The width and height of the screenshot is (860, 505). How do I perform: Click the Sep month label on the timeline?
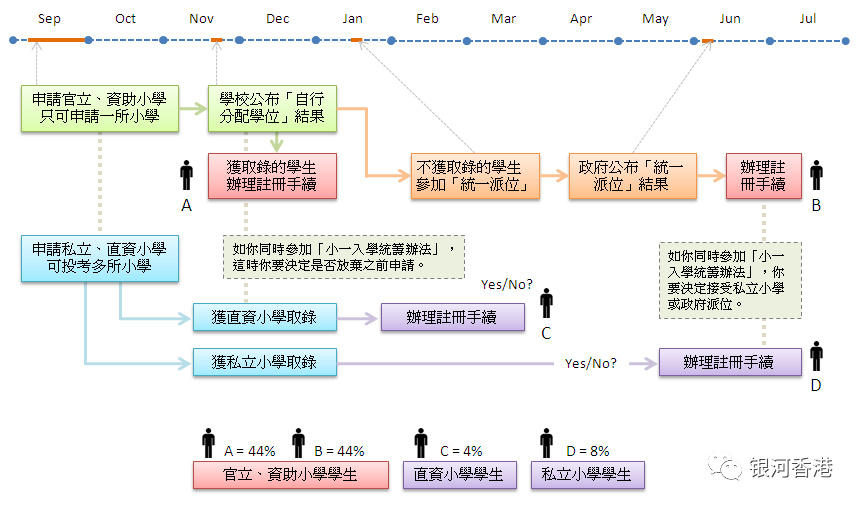point(49,19)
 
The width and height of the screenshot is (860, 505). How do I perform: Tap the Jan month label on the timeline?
point(352,19)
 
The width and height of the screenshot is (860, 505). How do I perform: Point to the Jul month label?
point(807,19)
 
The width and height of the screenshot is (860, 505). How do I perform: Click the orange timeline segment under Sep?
point(57,40)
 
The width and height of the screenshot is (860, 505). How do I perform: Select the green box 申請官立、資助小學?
point(100,108)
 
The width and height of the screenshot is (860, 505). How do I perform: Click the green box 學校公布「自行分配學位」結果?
point(272,108)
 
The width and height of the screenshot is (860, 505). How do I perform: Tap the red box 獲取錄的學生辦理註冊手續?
point(272,175)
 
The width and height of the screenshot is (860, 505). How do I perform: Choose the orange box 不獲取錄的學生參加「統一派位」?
point(475,175)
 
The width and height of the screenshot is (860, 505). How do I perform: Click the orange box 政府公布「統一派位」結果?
point(632,175)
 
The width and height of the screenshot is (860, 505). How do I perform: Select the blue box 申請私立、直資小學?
point(100,258)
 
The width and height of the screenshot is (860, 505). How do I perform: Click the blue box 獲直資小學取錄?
point(264,317)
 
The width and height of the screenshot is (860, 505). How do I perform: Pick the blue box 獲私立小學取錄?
point(264,362)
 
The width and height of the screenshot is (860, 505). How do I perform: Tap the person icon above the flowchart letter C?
point(546,303)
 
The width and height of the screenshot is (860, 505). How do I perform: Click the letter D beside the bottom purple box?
point(816,385)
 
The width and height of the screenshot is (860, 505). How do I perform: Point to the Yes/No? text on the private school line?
point(591,363)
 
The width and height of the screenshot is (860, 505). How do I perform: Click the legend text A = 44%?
point(250,451)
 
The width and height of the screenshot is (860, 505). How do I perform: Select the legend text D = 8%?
point(588,451)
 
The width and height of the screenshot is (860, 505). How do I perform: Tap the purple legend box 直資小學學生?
point(460,474)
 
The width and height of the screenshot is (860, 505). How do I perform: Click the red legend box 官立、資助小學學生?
point(291,474)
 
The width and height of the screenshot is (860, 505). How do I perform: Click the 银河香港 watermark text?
point(791,468)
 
